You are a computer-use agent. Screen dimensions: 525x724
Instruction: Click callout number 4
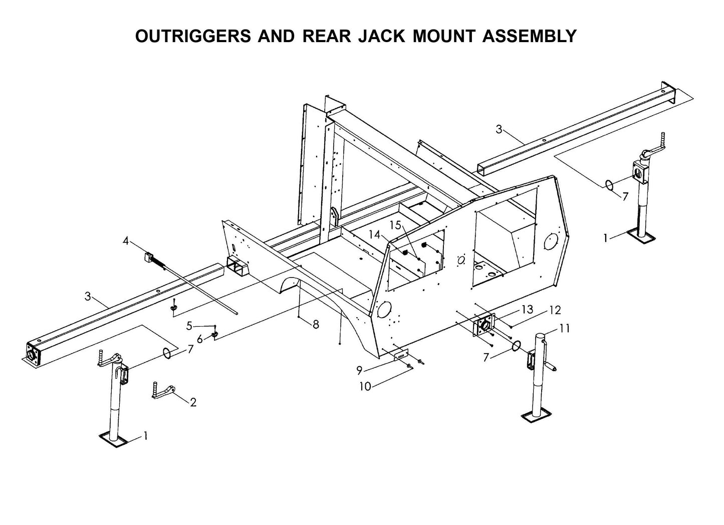click(126, 241)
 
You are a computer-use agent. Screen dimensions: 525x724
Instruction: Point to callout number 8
click(316, 325)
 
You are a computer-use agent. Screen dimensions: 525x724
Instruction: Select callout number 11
click(565, 329)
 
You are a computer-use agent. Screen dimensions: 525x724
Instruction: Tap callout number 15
click(396, 225)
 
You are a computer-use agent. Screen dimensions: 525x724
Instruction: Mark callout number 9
click(359, 371)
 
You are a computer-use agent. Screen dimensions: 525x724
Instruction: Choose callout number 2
click(193, 402)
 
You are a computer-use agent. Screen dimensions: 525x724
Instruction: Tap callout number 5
click(189, 326)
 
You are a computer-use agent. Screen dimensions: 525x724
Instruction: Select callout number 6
click(200, 340)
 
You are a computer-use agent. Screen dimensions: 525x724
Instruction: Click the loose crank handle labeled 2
click(163, 391)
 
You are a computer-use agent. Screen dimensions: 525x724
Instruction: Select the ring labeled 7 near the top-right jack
click(609, 185)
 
